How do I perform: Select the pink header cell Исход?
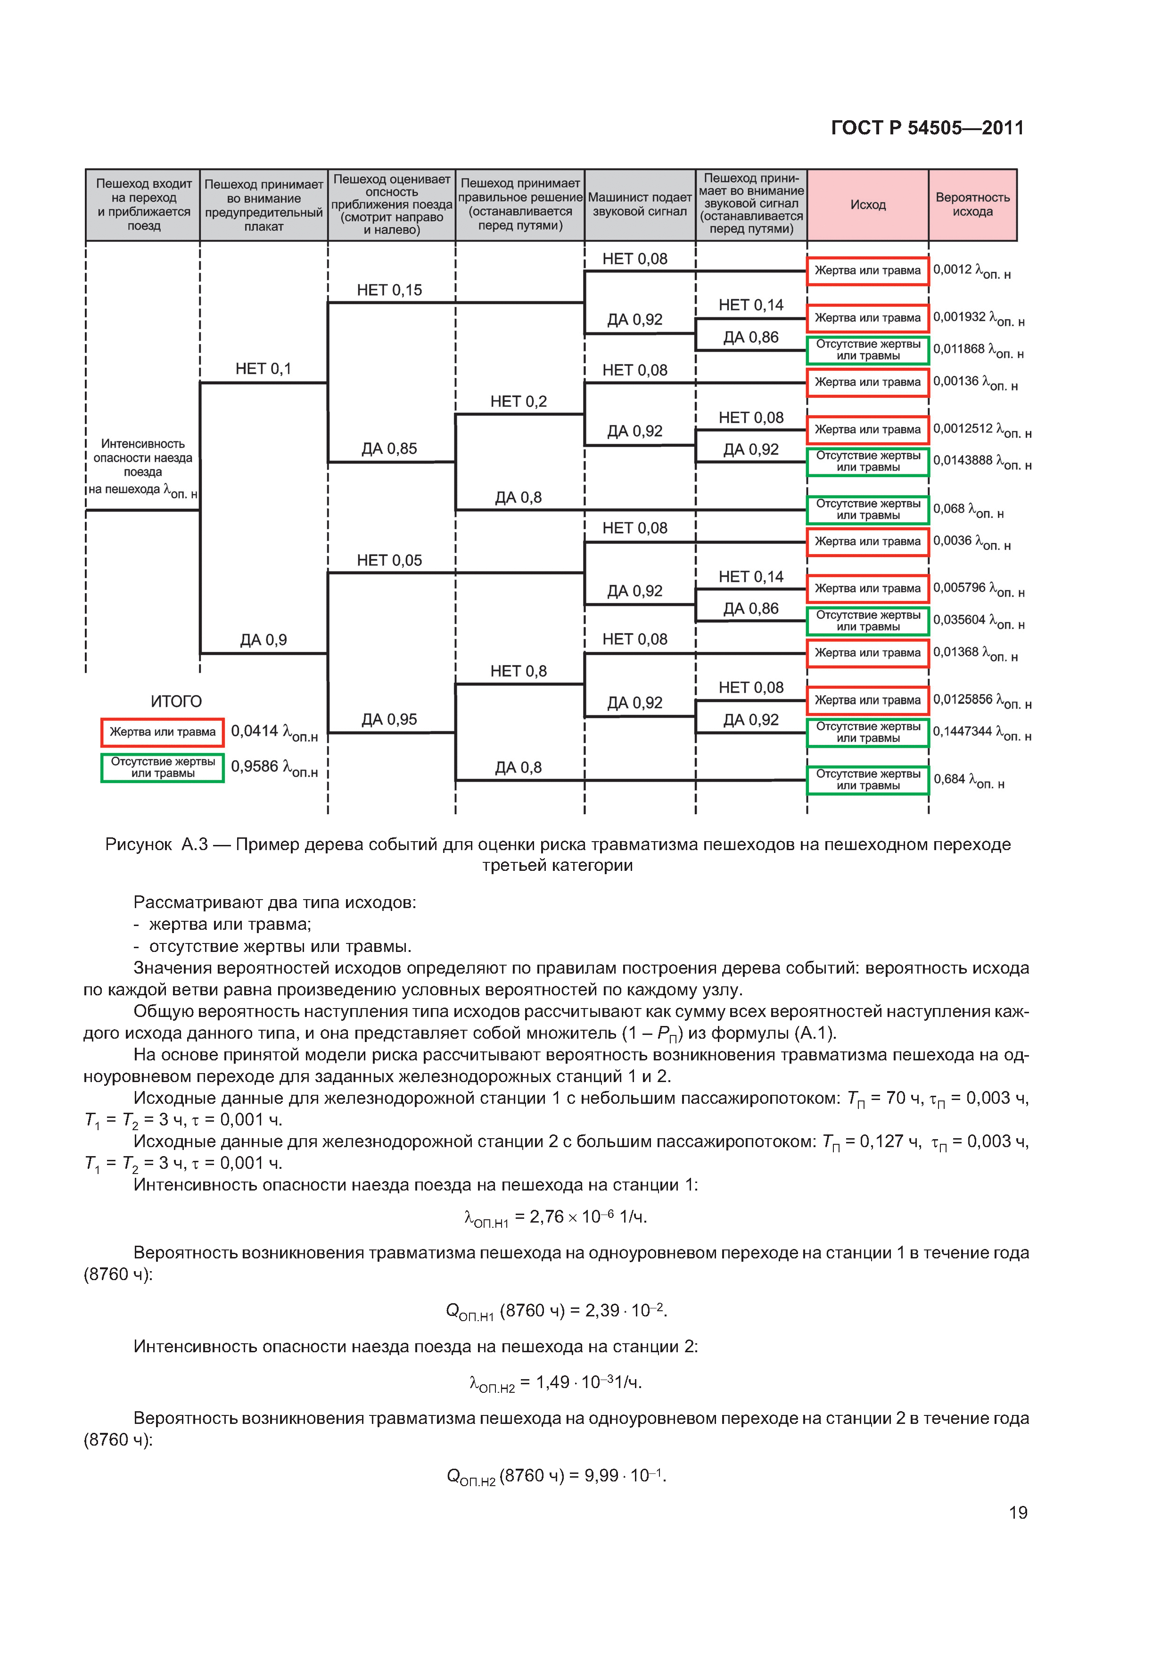coord(867,205)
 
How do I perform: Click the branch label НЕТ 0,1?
coord(263,369)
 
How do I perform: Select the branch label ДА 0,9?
coord(263,640)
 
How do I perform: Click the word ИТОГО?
coord(176,701)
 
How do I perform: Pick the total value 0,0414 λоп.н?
coord(274,732)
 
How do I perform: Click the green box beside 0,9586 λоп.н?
coord(163,768)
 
